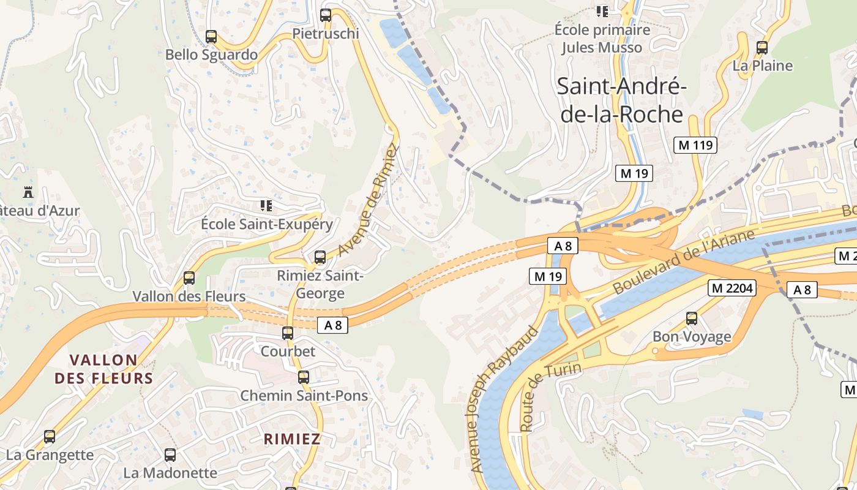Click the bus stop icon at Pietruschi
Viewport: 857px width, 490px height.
[326, 15]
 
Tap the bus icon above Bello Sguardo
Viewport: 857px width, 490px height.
[211, 37]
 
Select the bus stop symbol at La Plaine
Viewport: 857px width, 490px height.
[762, 48]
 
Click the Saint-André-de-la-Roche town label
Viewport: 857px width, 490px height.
[621, 100]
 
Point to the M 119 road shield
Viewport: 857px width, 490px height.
[695, 145]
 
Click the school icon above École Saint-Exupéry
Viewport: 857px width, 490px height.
[266, 205]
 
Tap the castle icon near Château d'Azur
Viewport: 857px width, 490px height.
[28, 192]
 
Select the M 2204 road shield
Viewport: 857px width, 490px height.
[732, 288]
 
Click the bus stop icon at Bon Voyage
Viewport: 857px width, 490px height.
[692, 318]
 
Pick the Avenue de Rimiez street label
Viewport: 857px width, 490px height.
[368, 200]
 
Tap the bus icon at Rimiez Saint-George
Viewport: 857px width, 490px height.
[320, 257]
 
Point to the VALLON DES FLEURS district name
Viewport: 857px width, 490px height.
[103, 369]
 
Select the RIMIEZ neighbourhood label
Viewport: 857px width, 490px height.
[292, 439]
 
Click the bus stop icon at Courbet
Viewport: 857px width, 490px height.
[288, 333]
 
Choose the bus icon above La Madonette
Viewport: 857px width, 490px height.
[170, 455]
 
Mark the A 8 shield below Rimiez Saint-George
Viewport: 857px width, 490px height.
[332, 325]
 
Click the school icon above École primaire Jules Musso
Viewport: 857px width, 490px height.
[602, 11]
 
